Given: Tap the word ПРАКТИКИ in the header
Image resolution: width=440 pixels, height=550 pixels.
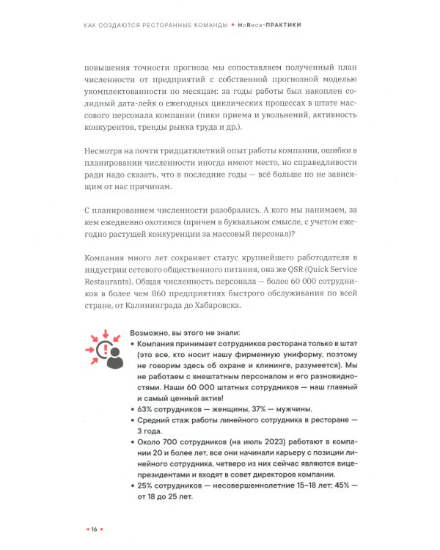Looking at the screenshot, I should click(x=280, y=25).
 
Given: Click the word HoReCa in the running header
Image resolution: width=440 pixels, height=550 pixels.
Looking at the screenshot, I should click(x=248, y=25).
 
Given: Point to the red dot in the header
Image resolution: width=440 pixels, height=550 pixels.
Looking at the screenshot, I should click(x=232, y=25).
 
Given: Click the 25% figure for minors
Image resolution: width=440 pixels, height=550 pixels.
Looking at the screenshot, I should click(x=146, y=485).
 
